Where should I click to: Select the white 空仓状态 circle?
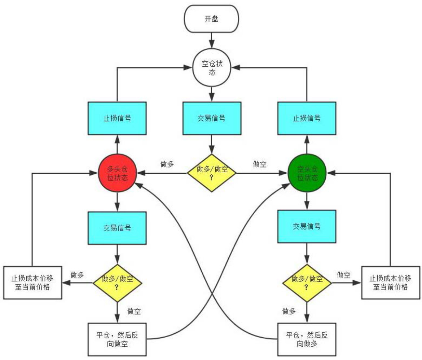click(211, 67)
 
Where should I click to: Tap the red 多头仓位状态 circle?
click(117, 174)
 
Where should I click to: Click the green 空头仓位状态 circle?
click(307, 174)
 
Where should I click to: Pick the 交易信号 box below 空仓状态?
click(211, 118)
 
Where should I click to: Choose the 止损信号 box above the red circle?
click(117, 118)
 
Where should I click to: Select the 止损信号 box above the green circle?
click(307, 118)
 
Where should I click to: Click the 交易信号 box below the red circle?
click(117, 228)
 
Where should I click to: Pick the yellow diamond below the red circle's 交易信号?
click(117, 283)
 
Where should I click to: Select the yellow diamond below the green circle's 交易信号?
click(307, 283)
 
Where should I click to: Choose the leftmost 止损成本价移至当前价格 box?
click(32, 283)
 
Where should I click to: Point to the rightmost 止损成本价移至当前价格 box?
click(391, 283)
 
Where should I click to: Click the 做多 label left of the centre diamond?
click(167, 164)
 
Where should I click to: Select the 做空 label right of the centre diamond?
click(260, 164)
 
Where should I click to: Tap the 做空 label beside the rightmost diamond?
click(344, 275)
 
